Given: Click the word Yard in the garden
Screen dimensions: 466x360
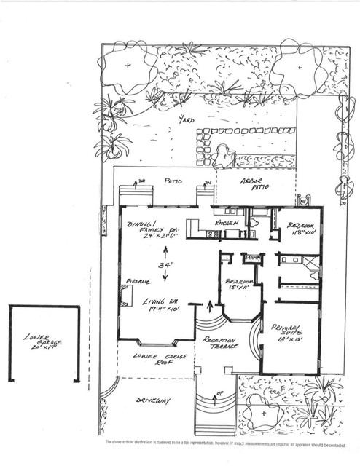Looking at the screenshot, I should pos(189,122).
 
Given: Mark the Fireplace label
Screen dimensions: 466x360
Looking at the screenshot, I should pos(138,280).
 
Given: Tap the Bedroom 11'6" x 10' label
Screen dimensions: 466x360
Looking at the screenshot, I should pos(301,229).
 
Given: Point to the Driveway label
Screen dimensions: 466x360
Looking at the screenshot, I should pos(153,400).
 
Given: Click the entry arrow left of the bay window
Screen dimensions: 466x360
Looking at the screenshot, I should pos(211,304).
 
